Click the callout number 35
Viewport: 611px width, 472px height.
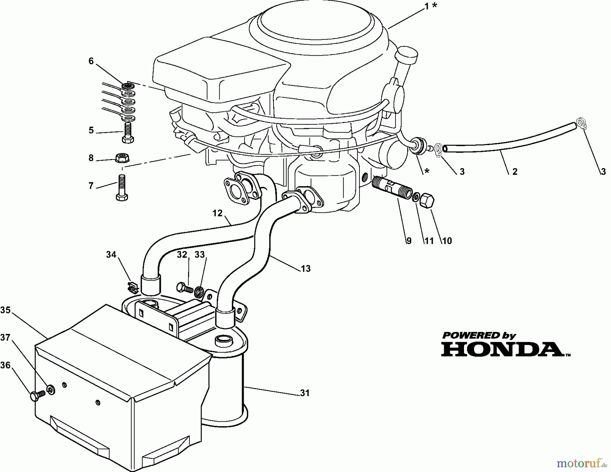click(x=5, y=310)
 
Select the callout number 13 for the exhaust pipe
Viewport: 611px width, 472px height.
click(x=305, y=268)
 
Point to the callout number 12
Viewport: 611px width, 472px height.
click(x=217, y=213)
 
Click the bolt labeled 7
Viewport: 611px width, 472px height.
click(x=122, y=187)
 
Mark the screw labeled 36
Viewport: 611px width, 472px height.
click(x=36, y=395)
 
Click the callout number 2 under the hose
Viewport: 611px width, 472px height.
click(x=515, y=172)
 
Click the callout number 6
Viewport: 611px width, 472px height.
click(x=91, y=61)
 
